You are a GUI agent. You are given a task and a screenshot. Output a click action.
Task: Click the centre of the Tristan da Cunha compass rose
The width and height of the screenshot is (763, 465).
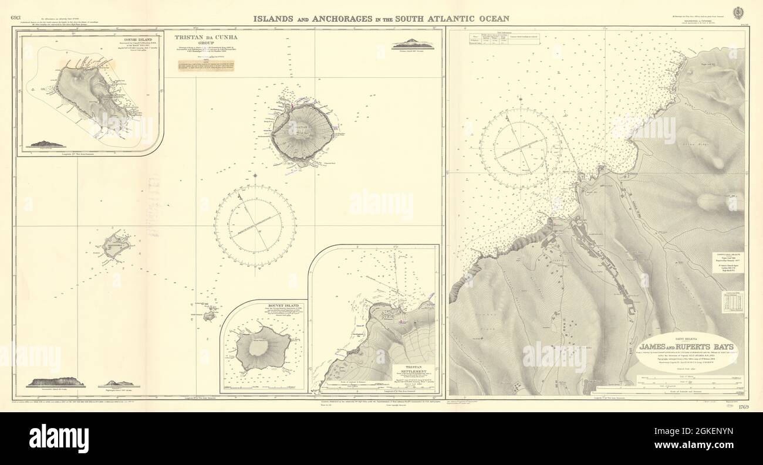(x=255, y=226)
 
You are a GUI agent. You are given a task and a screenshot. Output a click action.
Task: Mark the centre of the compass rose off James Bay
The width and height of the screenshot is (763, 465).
(x=520, y=148)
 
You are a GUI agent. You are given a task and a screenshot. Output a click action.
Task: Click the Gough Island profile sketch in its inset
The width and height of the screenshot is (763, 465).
(x=45, y=143)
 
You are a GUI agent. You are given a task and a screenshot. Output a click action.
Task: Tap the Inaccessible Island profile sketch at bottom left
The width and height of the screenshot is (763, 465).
(x=56, y=382)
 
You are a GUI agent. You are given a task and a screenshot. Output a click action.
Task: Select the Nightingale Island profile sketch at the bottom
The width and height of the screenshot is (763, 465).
(x=117, y=383)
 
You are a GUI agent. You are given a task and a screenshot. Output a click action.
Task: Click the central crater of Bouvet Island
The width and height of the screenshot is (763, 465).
(x=258, y=348)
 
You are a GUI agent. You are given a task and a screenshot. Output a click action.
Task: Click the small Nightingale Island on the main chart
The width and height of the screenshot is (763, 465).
(x=209, y=316)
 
